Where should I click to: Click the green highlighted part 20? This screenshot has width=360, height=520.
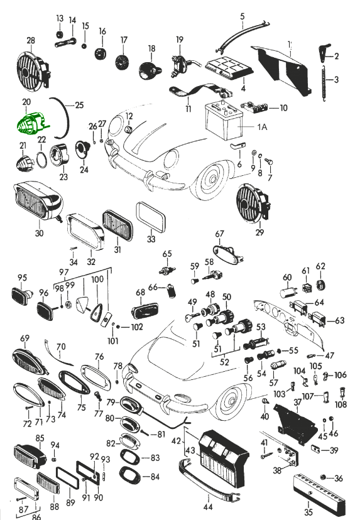click(x=31, y=122)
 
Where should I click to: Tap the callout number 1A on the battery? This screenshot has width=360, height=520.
click(x=262, y=127)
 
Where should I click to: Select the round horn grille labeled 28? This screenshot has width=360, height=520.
click(x=33, y=70)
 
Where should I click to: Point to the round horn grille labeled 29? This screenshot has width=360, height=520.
click(x=253, y=204)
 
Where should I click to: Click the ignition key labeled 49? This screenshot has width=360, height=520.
click(x=192, y=317)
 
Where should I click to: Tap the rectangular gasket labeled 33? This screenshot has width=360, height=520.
click(x=151, y=218)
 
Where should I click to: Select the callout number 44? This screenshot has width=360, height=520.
click(x=208, y=507)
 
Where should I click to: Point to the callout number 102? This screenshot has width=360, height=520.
click(x=137, y=327)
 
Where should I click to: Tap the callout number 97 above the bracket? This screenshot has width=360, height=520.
click(x=63, y=273)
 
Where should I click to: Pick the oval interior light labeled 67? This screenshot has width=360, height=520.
click(x=227, y=254)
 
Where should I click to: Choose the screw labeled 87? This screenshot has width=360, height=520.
click(x=21, y=499)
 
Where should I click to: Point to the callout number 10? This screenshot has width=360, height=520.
click(x=283, y=108)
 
